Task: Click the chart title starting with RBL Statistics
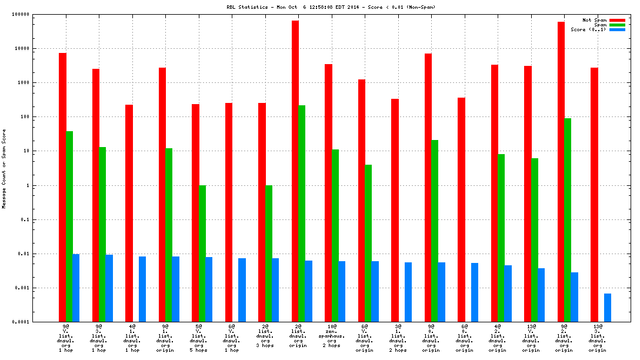(331, 7)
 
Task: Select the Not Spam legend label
(594, 20)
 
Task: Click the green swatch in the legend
(617, 25)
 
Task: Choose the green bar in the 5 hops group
(202, 254)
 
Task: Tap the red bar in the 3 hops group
(262, 212)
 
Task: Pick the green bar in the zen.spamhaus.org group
(335, 235)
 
